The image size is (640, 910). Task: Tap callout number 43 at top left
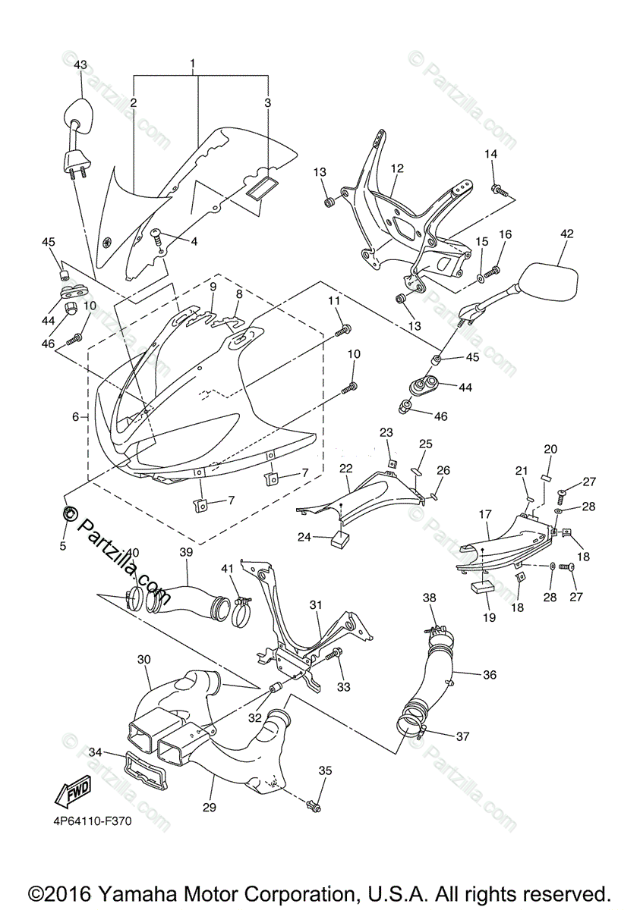[x=80, y=65]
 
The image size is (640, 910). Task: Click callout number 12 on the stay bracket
[x=396, y=168]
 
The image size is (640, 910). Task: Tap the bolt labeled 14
[x=497, y=188]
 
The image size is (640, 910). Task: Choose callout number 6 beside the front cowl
[x=76, y=416]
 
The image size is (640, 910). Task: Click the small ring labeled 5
[x=68, y=512]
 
